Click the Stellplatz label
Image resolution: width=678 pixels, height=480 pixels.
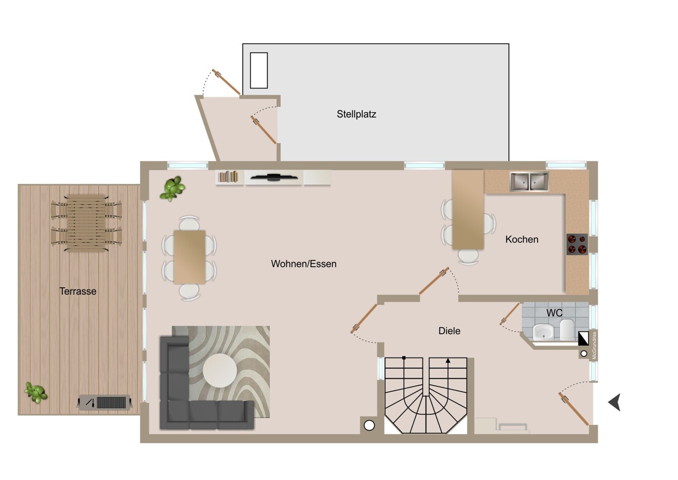pos(356,114)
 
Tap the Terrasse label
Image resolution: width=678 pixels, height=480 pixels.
pos(78,291)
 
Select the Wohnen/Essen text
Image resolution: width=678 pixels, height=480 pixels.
pos(304,264)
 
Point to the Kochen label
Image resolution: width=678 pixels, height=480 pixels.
pos(522,239)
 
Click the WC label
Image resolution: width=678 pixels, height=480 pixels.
pos(554,313)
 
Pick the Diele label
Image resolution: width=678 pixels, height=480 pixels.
pos(449,331)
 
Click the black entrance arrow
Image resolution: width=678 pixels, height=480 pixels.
pos(615,402)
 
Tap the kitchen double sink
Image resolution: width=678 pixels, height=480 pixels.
pos(529,181)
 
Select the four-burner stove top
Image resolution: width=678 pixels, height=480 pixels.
pos(577,244)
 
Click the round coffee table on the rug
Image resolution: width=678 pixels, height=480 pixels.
pos(220,370)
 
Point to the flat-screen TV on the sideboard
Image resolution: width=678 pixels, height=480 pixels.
pos(274,177)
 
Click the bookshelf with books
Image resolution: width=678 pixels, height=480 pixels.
pos(229,177)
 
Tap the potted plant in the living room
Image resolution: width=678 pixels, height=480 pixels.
pos(172,188)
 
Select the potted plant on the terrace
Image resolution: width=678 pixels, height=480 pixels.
pos(36,393)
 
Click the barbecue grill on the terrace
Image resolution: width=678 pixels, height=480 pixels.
pos(105,403)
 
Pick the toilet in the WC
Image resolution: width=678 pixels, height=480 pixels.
pos(567,330)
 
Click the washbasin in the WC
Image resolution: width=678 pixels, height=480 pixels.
pos(543,332)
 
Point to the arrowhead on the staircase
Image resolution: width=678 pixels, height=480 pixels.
pos(448,361)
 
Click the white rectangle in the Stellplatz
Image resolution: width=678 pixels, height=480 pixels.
pos(259,71)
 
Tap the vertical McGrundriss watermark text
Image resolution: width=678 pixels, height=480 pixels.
pos(594,346)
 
